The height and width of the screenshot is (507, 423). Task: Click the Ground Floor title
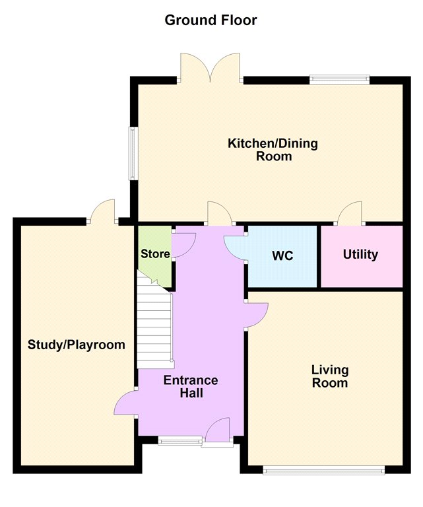coord(211,20)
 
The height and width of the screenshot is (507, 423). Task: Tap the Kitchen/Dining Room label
coord(273,149)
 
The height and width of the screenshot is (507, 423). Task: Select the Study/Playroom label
coord(77,345)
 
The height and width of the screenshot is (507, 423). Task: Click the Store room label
coord(155,253)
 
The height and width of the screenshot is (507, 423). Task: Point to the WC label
coord(282,255)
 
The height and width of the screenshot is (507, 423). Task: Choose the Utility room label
coord(360,254)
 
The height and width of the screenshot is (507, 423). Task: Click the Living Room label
coord(330,376)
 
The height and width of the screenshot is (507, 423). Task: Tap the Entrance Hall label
coord(191,386)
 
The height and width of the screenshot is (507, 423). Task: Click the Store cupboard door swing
coord(183,245)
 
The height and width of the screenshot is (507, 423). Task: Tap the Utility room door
coord(349,213)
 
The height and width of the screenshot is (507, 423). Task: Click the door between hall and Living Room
coord(256,316)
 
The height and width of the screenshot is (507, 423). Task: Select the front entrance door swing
coord(218,430)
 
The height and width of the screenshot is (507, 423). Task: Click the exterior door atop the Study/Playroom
coord(103,211)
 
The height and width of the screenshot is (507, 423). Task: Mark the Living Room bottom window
coord(324,470)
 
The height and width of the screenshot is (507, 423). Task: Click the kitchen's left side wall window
coord(133,153)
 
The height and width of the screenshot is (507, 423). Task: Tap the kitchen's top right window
coord(339,79)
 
